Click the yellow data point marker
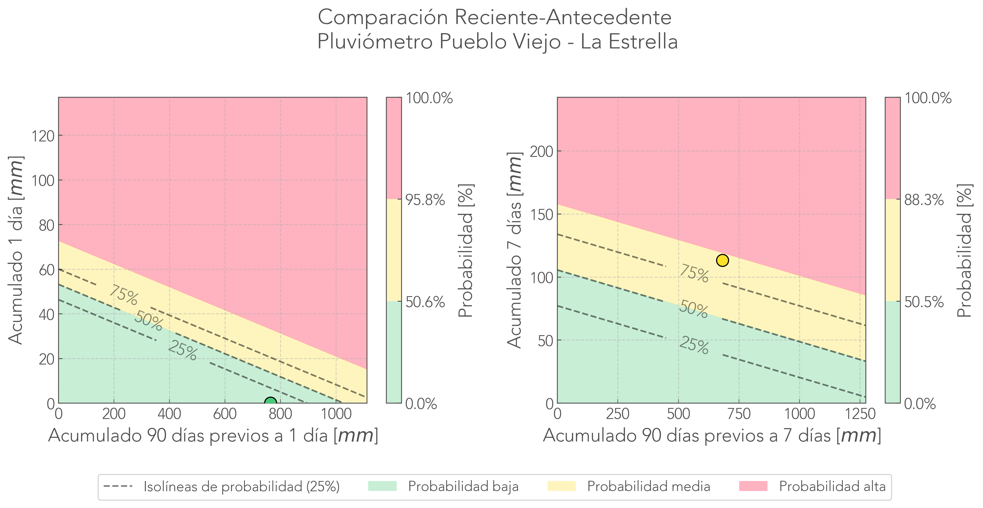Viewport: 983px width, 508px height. tap(722, 260)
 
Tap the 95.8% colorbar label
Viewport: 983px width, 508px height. tap(425, 200)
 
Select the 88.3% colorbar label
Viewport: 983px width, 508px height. tap(924, 200)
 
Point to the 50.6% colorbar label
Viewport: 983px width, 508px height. tap(425, 302)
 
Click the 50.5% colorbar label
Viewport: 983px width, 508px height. tap(924, 302)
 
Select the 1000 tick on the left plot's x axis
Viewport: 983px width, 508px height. tap(336, 414)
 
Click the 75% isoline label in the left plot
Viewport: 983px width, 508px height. tap(123, 295)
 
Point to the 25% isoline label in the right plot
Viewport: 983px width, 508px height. tap(694, 345)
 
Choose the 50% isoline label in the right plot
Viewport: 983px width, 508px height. tap(694, 309)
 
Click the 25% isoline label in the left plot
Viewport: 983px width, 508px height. tap(183, 350)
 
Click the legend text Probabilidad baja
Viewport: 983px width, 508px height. tap(463, 486)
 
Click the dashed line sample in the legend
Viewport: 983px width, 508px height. tap(118, 486)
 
